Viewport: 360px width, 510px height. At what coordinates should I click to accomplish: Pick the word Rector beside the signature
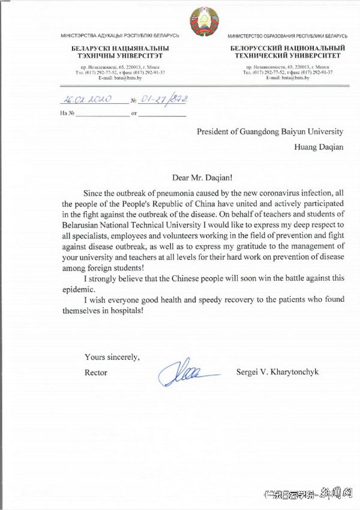[96, 373]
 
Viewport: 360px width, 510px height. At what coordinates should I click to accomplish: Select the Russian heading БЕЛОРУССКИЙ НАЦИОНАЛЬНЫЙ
[287, 47]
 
